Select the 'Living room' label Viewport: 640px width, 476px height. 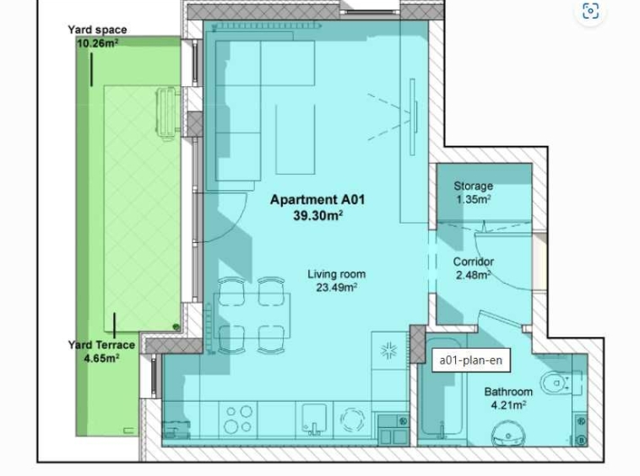(x=336, y=274)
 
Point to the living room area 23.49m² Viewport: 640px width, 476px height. (x=336, y=288)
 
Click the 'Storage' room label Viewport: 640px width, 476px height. (x=473, y=187)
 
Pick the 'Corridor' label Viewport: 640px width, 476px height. (x=473, y=262)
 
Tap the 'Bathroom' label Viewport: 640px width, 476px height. (x=508, y=392)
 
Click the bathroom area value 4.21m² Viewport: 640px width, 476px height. (x=508, y=404)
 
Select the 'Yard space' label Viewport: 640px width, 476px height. (x=97, y=30)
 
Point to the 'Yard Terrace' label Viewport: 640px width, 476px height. (x=101, y=345)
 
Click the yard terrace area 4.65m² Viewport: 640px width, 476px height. (x=101, y=358)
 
